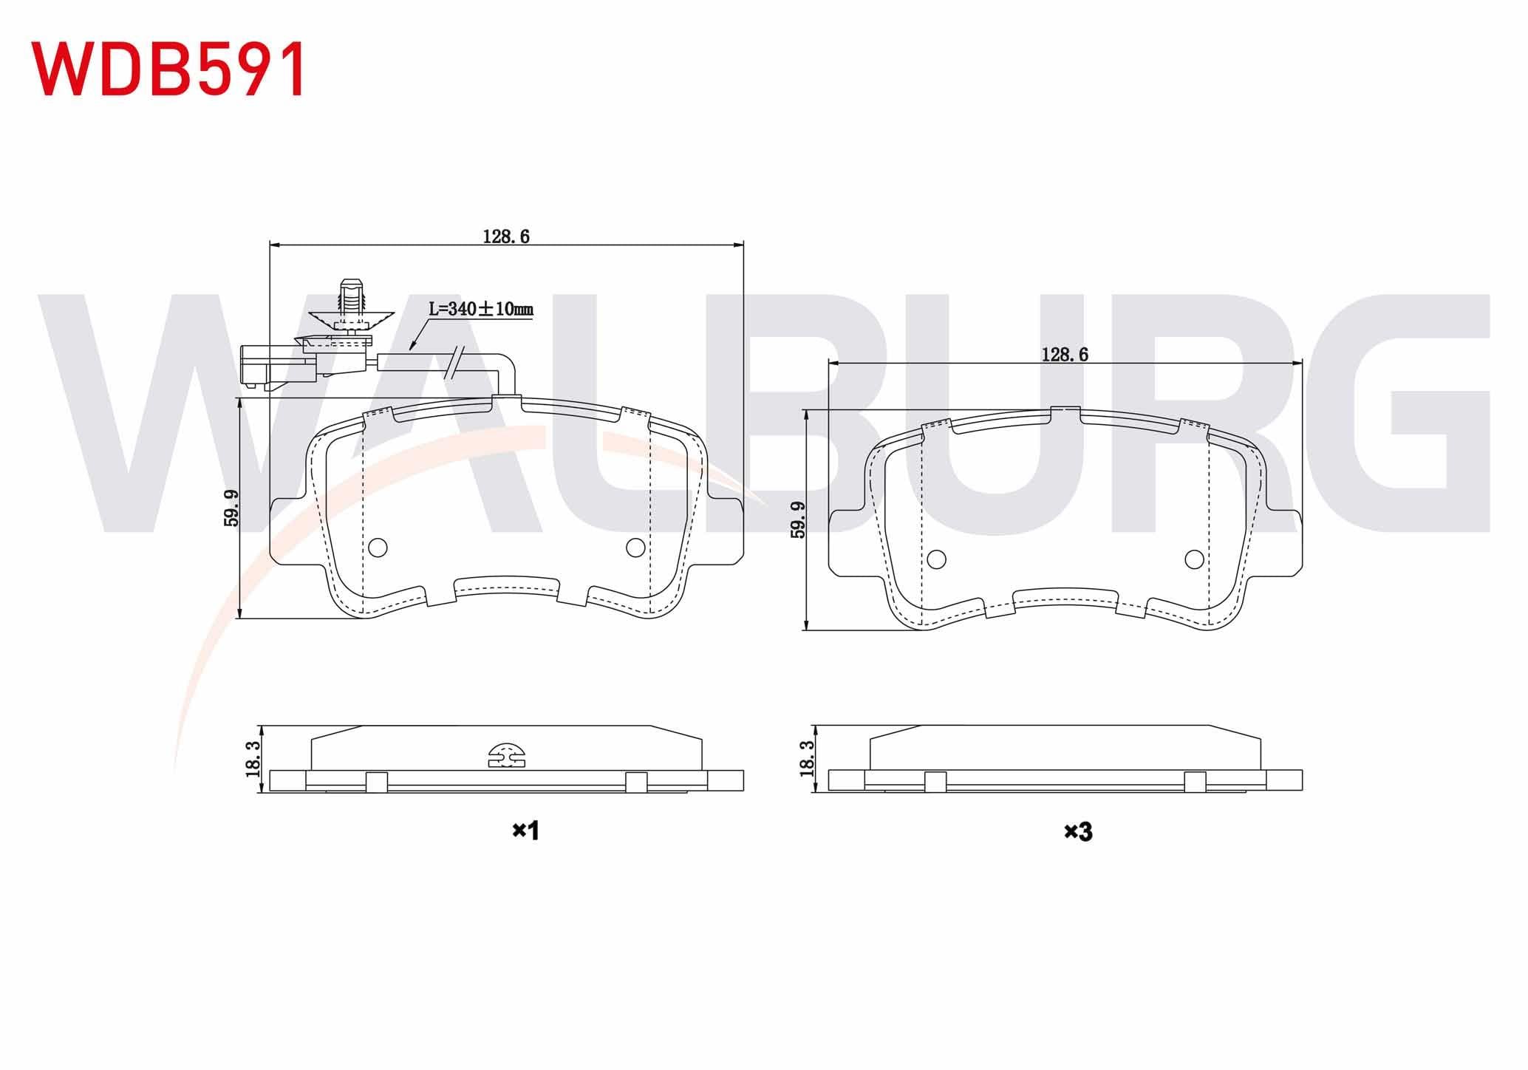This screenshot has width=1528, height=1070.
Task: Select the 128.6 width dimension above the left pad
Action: coord(507,236)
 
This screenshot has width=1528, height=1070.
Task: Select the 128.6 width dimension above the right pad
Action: coord(1065,355)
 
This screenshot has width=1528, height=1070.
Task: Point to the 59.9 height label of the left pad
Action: coord(232,508)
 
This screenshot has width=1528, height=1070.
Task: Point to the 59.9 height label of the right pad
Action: coord(798,519)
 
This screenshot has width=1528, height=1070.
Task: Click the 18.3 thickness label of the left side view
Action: coord(253,758)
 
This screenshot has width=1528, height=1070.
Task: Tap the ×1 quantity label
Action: coord(526,831)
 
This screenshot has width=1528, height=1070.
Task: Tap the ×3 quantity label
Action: coord(1078,832)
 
